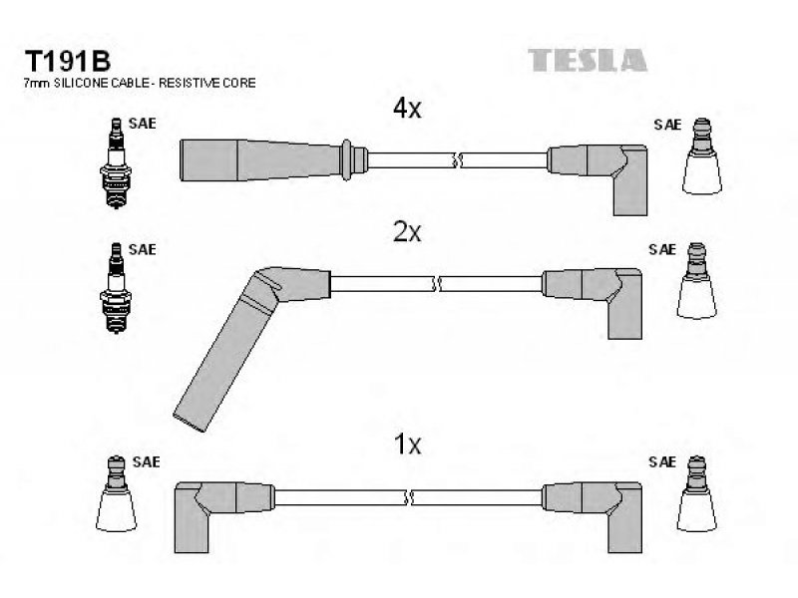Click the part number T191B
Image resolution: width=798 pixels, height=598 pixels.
point(67,62)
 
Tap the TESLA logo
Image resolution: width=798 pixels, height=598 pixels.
point(588,60)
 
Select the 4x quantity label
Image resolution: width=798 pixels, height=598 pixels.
point(407,108)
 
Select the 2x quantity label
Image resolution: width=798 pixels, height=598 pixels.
point(407,232)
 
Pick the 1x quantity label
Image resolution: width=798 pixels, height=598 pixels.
point(408,444)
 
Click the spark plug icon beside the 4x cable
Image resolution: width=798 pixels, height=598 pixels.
point(116,163)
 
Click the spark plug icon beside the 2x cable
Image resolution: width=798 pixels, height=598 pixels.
point(116,288)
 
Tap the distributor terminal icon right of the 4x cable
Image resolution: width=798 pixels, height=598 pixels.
point(702,156)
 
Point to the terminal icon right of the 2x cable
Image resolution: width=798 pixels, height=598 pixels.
point(696,281)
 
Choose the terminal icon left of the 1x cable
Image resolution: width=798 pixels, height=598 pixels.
point(116,493)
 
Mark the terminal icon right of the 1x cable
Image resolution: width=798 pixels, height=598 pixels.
point(696,493)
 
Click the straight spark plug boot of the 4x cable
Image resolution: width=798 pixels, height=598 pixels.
point(273,159)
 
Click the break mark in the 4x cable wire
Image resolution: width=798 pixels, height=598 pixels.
point(457,160)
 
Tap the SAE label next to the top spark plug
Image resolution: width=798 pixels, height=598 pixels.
point(142,124)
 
